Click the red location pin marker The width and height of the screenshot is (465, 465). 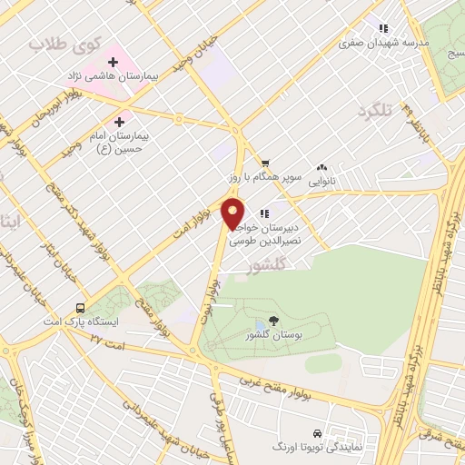click(x=233, y=214)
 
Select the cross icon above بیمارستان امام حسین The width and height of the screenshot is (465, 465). click(x=121, y=121)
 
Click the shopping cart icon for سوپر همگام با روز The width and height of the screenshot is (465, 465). click(x=264, y=164)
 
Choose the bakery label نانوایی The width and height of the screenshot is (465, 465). click(x=320, y=181)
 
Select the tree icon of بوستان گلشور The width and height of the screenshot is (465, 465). click(x=274, y=323)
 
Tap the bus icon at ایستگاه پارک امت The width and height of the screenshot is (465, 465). click(x=81, y=307)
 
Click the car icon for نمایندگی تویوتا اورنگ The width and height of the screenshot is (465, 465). click(x=316, y=433)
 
